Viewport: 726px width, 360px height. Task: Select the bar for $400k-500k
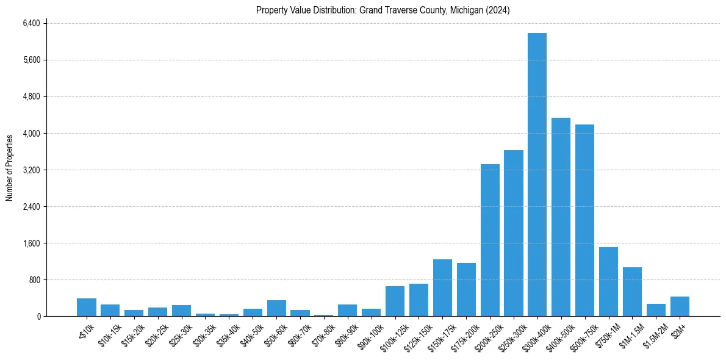[x=561, y=217]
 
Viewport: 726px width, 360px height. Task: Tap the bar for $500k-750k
[x=584, y=220]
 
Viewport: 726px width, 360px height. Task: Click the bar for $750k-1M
[x=608, y=281]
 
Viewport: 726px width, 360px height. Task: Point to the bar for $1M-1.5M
[x=632, y=292]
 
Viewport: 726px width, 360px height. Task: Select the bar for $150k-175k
[x=442, y=287]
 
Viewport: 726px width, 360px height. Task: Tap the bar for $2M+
[x=680, y=306]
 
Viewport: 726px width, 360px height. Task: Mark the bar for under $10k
[x=87, y=307]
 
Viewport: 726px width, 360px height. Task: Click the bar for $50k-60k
[x=276, y=308]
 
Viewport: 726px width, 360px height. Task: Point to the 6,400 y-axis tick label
[x=31, y=23]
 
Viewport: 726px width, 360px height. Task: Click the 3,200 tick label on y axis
[x=31, y=170]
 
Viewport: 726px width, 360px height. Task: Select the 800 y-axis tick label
[x=34, y=279]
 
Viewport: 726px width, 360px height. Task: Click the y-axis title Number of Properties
[x=10, y=168]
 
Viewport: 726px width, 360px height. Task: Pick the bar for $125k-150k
[x=419, y=300]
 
